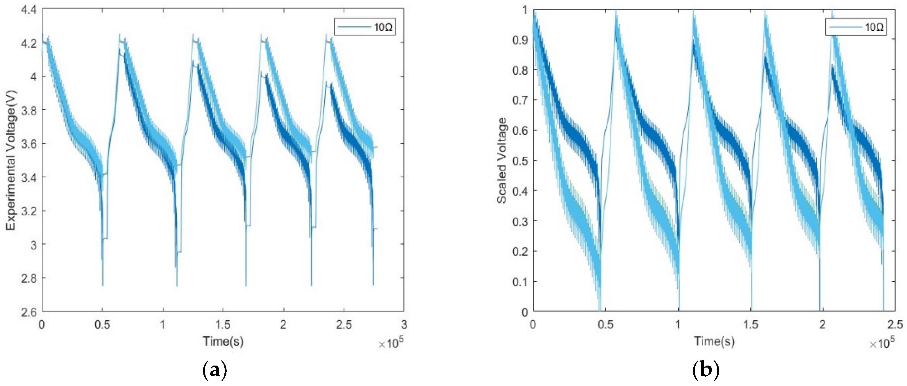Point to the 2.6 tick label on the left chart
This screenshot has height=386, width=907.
29,312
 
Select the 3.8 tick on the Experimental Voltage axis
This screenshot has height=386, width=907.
29,110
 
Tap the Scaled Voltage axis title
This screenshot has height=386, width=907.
502,160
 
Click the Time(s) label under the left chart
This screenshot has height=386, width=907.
223,341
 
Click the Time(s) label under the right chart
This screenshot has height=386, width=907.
714,341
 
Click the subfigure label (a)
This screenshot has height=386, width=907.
215,371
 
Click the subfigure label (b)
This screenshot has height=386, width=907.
706,371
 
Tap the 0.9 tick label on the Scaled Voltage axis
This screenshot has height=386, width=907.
520,40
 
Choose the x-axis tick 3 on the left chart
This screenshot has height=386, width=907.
404,324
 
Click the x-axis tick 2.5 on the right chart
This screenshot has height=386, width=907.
895,324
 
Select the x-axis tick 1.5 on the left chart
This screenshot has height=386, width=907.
223,324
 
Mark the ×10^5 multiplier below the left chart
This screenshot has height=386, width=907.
391,344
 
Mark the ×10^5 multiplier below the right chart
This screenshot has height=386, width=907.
882,344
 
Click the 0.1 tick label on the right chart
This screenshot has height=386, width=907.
520,282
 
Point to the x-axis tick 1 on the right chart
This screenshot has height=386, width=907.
678,324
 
